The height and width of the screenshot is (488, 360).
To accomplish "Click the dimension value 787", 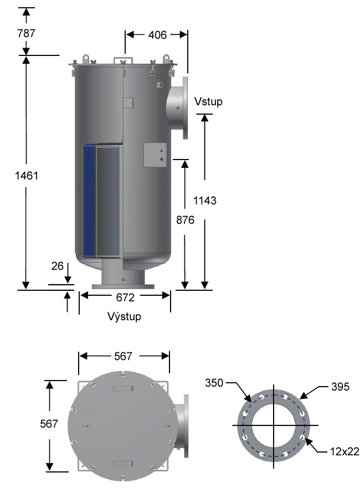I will click(26, 33).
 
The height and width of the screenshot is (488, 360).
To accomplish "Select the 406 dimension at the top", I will click(157, 35).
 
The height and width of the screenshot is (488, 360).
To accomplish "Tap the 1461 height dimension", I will click(26, 176).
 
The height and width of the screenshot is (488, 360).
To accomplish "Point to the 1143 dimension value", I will click(205, 201).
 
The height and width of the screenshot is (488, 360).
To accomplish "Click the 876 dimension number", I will click(185, 220).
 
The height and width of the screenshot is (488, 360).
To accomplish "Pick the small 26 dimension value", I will click(57, 266).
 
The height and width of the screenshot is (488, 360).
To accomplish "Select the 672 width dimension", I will click(125, 297).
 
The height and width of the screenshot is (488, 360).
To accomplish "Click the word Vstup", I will click(208, 102).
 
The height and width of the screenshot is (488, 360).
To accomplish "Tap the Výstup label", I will click(125, 317).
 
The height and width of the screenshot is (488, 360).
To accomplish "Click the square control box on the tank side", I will click(155, 155).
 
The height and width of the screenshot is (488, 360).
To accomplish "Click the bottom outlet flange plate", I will click(125, 286).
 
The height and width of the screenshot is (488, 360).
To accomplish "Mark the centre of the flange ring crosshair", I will click(272, 425).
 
